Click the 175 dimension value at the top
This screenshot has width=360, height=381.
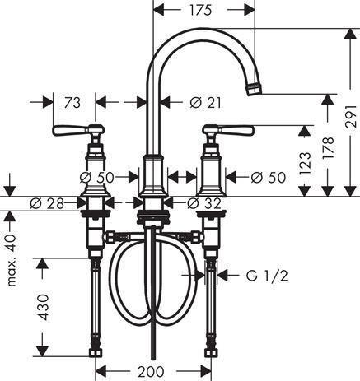tap(200, 10)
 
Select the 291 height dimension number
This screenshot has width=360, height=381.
tap(351, 116)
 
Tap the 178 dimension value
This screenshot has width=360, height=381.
tap(328, 147)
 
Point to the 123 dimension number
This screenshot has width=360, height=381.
tap(305, 164)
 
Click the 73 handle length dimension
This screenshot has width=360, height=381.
tap(72, 103)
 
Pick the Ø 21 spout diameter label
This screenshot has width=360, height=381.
tap(205, 103)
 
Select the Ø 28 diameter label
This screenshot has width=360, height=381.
tap(47, 203)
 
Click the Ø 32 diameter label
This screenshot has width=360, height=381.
tap(204, 203)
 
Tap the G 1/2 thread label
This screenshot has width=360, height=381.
tap(267, 276)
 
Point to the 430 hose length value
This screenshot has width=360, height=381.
tap(43, 307)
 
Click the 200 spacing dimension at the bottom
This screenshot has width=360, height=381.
tap(151, 372)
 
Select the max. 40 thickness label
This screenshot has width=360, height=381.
tap(12, 260)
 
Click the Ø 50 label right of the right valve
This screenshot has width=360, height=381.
tap(269, 178)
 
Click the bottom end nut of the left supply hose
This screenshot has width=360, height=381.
tap(96, 352)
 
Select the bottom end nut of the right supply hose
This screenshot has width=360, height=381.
tap(211, 352)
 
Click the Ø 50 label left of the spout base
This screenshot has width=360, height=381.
tap(96, 178)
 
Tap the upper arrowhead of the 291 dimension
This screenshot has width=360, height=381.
tap(351, 35)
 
